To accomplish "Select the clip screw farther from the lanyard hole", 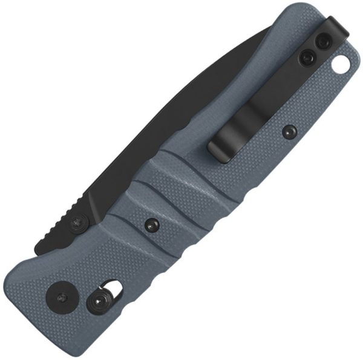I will coord(307,58).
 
